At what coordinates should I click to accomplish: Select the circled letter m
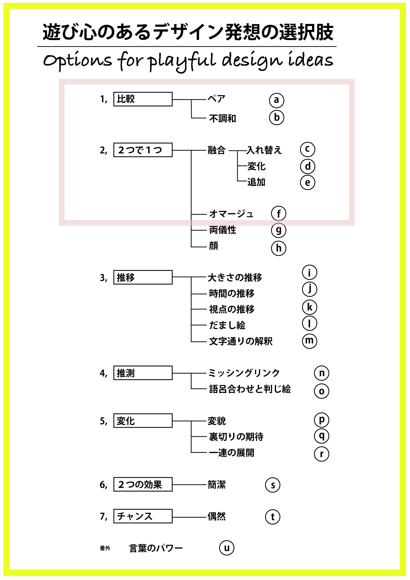coord(309,341)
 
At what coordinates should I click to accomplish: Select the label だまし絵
coord(227,325)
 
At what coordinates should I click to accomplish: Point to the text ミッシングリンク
coord(244,373)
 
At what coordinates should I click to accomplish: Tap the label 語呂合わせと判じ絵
coord(250,389)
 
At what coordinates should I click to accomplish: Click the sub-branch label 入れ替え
coord(264,150)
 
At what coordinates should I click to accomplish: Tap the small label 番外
coord(105,548)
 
